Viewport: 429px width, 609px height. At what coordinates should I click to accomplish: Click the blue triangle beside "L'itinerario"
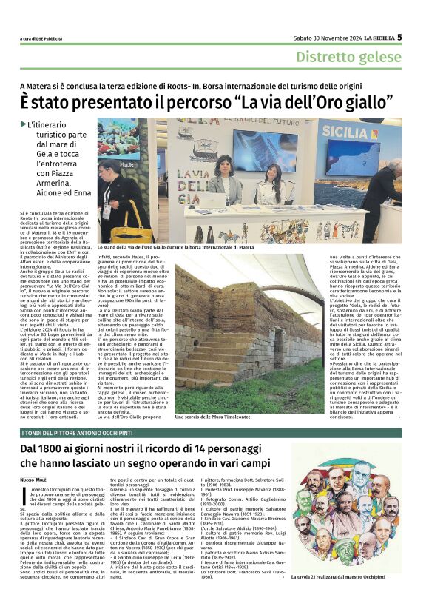coord(23,123)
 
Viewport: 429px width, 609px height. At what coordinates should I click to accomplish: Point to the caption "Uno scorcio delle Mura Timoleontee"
coord(220,417)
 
